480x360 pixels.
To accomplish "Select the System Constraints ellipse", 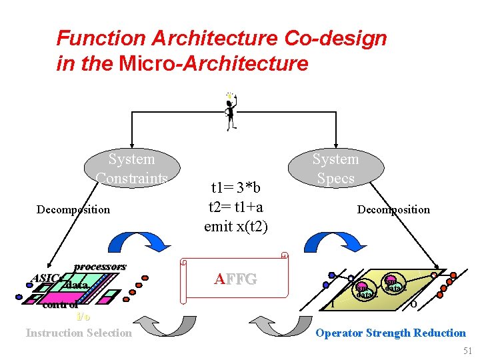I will click(x=131, y=169).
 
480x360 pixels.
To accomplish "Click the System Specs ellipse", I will click(x=335, y=169).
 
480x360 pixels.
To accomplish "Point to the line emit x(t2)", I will click(x=235, y=226).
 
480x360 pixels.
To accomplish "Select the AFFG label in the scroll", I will click(x=235, y=279).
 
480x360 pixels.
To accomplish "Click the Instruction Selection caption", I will click(x=79, y=333).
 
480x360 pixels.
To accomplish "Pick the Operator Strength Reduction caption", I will click(x=390, y=333).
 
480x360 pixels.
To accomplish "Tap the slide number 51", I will click(x=466, y=351).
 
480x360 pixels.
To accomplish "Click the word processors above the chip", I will click(x=100, y=267).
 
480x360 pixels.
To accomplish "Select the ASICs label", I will click(x=47, y=278).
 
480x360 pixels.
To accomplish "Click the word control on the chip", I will click(x=60, y=306).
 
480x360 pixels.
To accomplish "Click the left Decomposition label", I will click(x=73, y=209).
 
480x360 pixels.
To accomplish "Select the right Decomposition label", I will click(x=393, y=209).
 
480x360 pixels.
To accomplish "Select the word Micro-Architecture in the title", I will click(x=213, y=64).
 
